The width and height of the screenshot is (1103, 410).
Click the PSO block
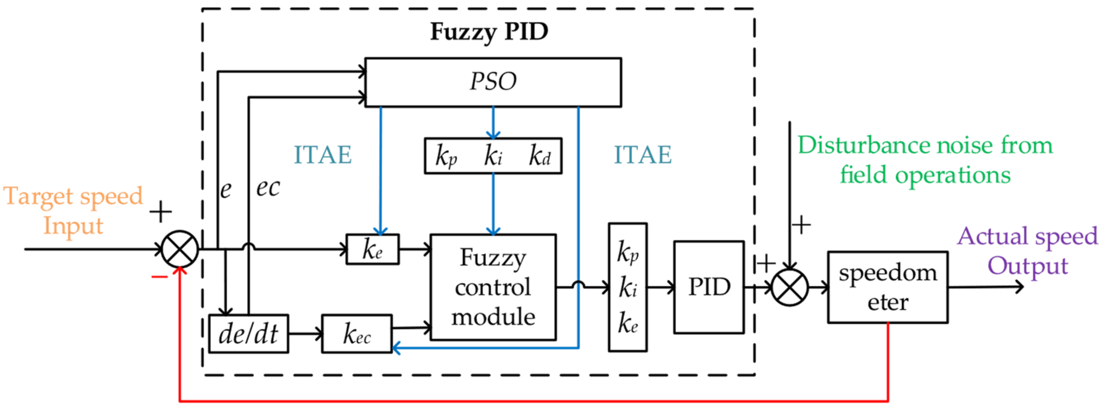(493, 82)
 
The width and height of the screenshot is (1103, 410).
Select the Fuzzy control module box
(493, 287)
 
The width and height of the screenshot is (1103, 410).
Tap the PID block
(709, 287)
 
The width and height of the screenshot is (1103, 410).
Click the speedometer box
(887, 287)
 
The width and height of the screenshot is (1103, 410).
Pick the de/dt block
(248, 334)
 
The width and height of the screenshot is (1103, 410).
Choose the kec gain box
(357, 334)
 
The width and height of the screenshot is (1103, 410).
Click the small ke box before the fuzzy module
(372, 249)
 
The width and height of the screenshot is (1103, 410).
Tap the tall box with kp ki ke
(628, 287)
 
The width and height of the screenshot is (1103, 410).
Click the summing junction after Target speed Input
(180, 249)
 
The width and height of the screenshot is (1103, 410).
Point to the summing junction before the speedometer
(790, 288)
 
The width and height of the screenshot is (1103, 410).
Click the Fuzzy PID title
(489, 32)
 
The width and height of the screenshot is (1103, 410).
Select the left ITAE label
(323, 154)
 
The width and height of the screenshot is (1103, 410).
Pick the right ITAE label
(643, 154)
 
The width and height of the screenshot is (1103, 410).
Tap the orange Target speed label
(73, 197)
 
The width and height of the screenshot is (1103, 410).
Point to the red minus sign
(159, 277)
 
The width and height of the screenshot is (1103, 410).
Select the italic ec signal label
(268, 187)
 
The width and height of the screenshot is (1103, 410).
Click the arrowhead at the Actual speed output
(1019, 287)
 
